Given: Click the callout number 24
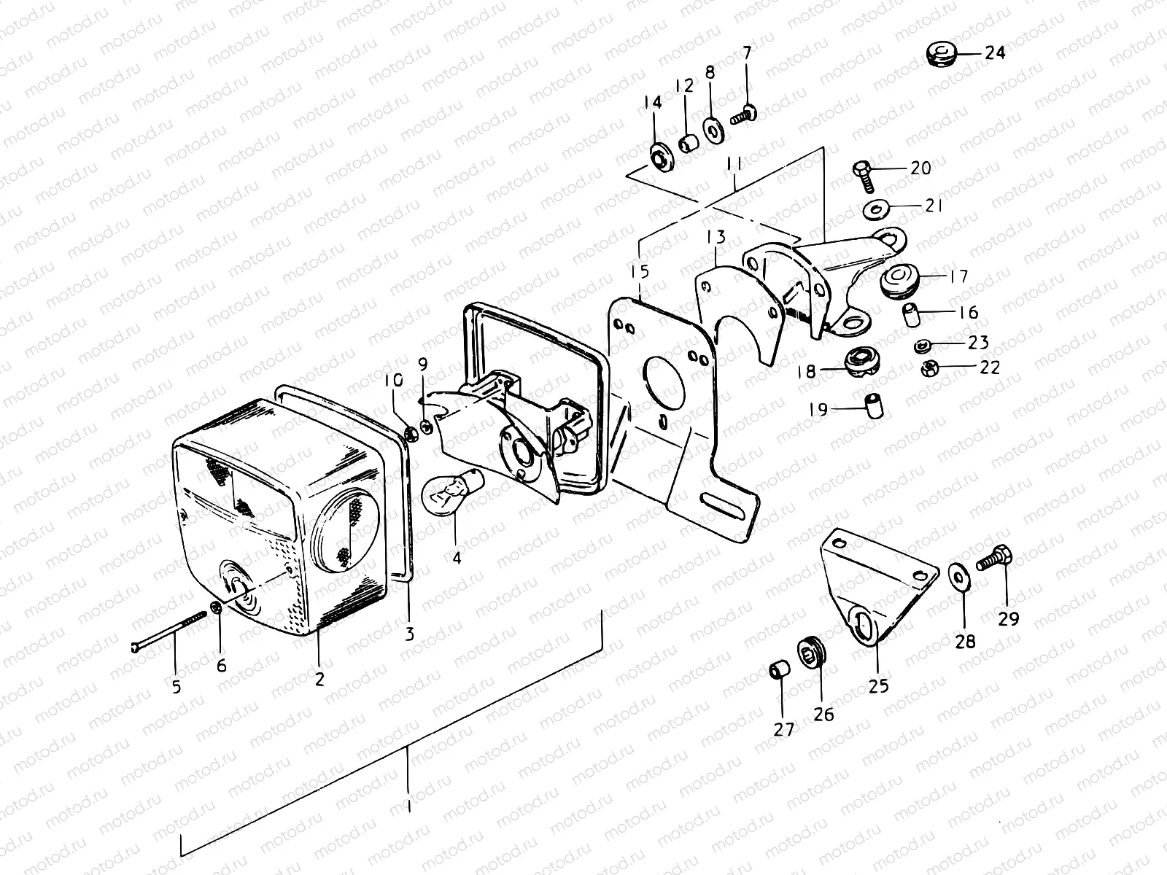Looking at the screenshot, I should (995, 53).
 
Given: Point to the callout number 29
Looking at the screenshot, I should (1009, 619).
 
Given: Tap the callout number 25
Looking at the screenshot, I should (879, 686).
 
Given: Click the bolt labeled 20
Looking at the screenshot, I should (861, 172).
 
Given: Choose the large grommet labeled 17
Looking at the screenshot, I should (899, 281).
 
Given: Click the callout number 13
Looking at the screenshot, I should (716, 238).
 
